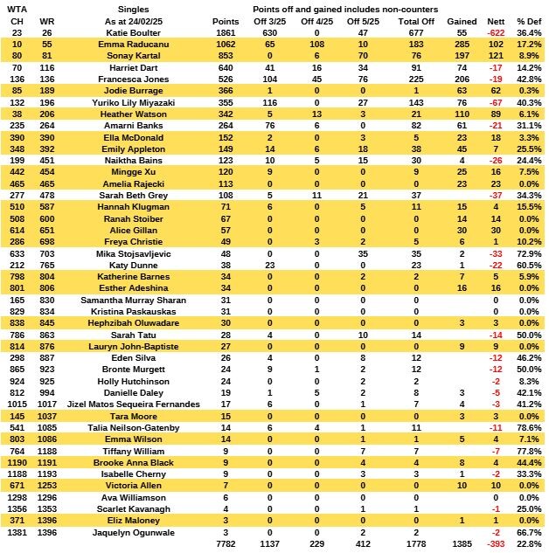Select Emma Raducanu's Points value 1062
pyautogui.click(x=225, y=43)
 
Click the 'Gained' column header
pyautogui.click(x=462, y=21)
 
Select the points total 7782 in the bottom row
pyautogui.click(x=225, y=544)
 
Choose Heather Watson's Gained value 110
pyautogui.click(x=463, y=113)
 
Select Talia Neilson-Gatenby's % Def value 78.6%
pyautogui.click(x=527, y=427)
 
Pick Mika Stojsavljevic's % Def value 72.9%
pyautogui.click(x=527, y=252)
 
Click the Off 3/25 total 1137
pyautogui.click(x=272, y=544)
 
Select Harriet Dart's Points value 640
pyautogui.click(x=226, y=66)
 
